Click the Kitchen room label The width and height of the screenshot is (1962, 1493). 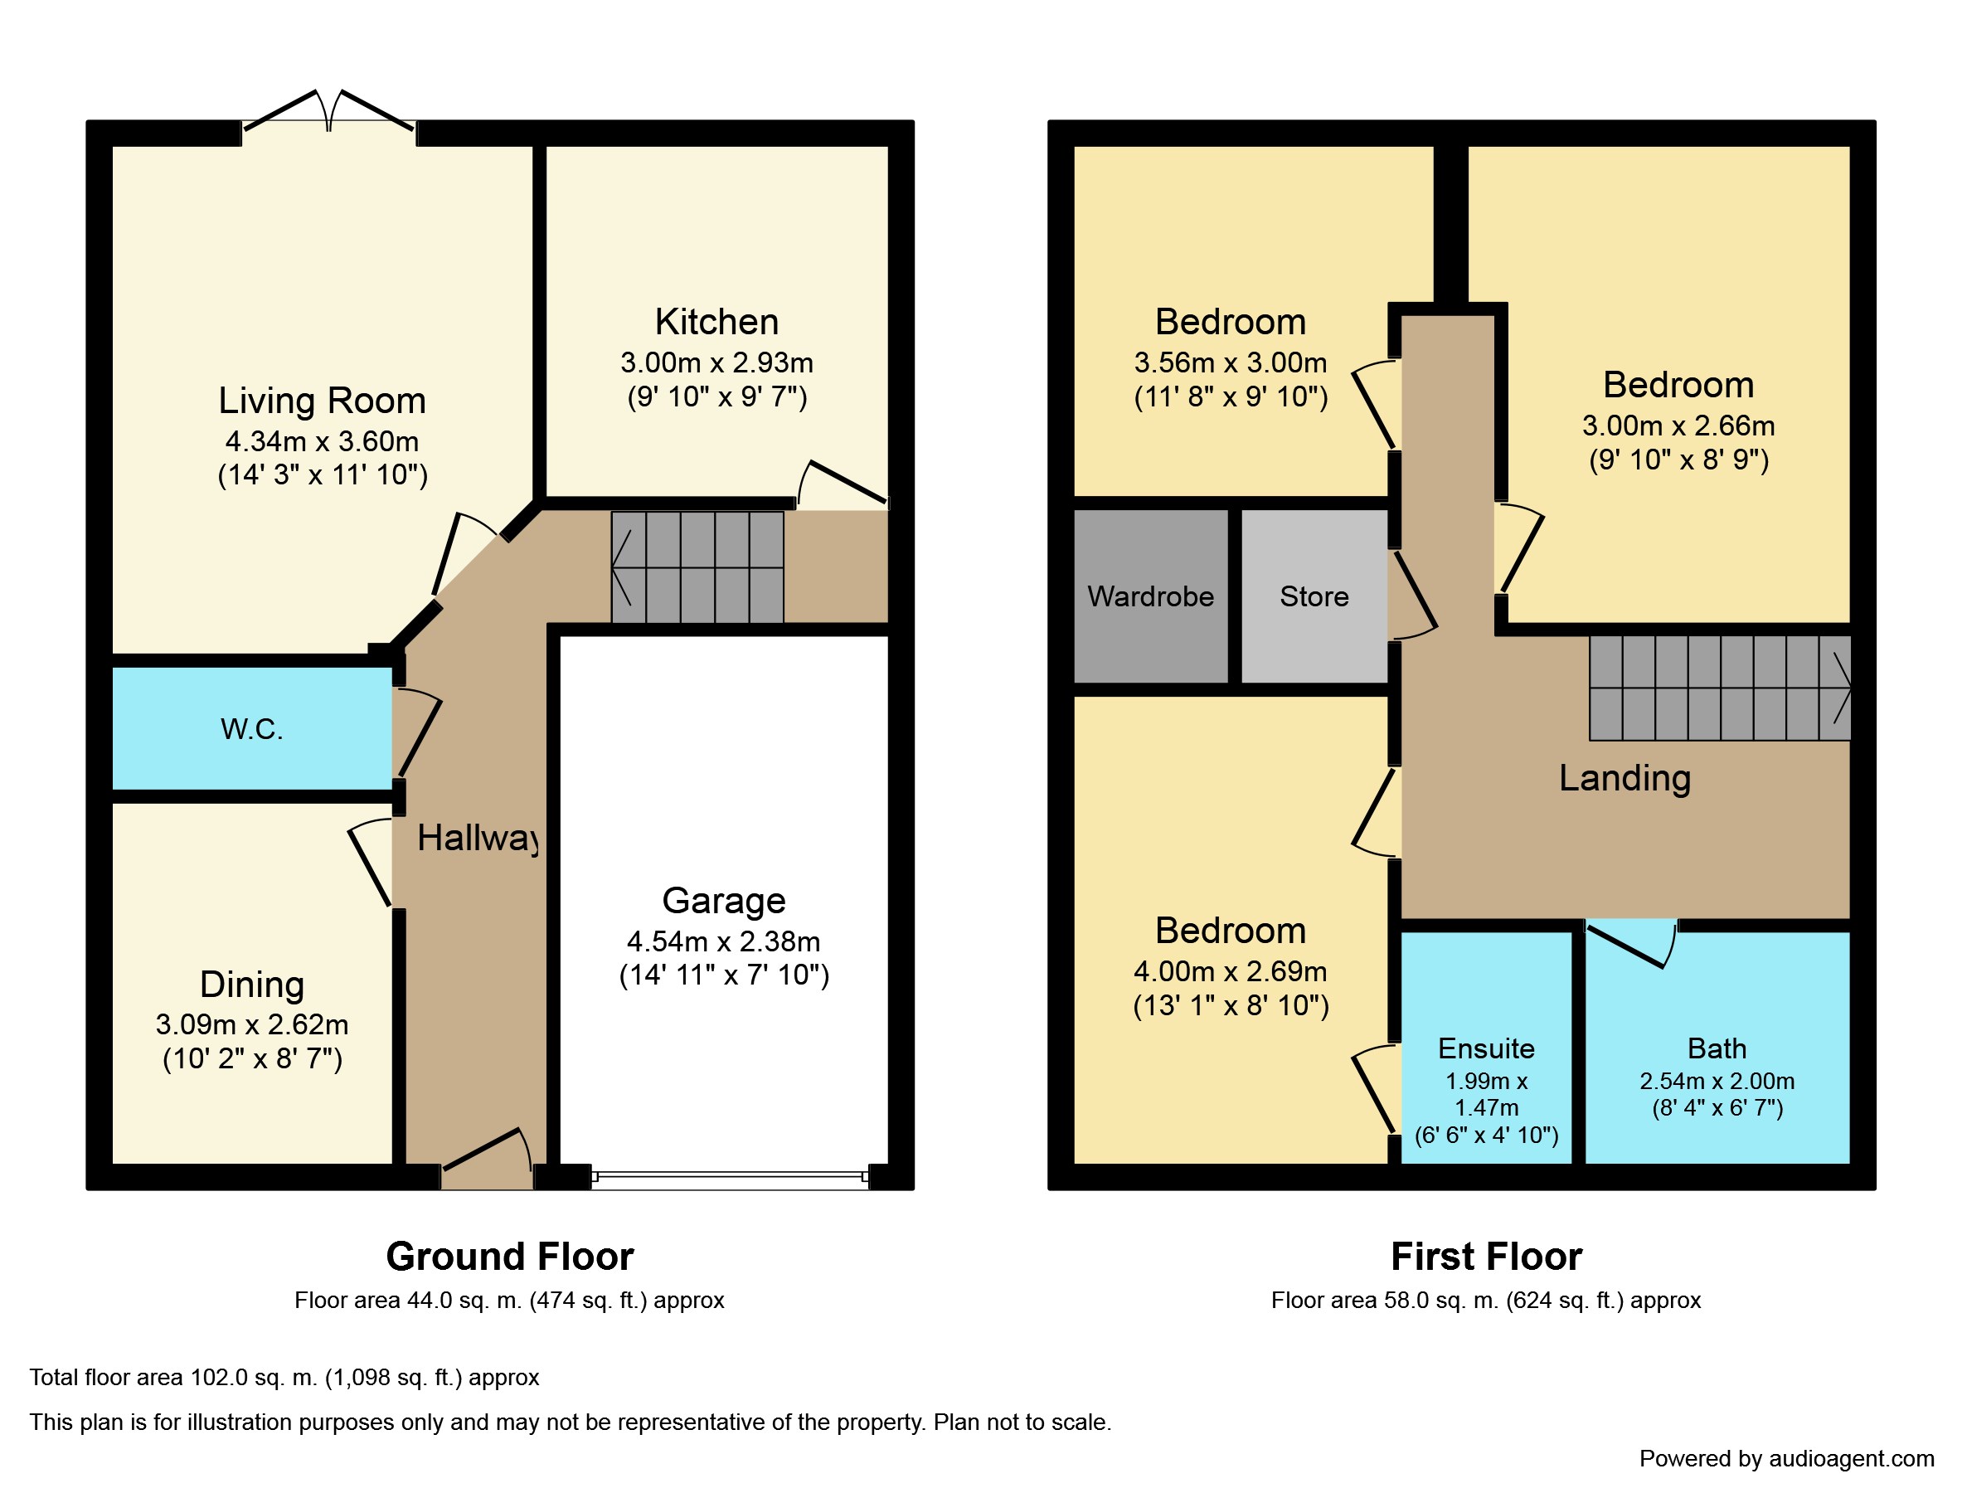pyautogui.click(x=716, y=322)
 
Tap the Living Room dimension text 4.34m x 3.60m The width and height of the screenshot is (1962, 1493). pyautogui.click(x=322, y=440)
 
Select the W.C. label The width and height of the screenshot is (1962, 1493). pyautogui.click(x=251, y=730)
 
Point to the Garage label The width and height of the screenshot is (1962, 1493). pyautogui.click(x=723, y=901)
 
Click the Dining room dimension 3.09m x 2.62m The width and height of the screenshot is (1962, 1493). pyautogui.click(x=251, y=1024)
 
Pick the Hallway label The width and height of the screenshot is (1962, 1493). pyautogui.click(x=478, y=838)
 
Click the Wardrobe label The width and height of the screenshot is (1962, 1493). pyautogui.click(x=1151, y=596)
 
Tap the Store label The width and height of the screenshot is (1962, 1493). pyautogui.click(x=1314, y=596)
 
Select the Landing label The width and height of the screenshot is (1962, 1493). pyautogui.click(x=1624, y=779)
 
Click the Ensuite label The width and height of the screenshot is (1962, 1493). pyautogui.click(x=1486, y=1048)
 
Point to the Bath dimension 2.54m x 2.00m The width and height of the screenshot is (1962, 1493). pyautogui.click(x=1717, y=1082)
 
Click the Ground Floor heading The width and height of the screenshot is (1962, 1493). pyautogui.click(x=510, y=1257)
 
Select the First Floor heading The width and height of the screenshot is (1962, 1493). pyautogui.click(x=1486, y=1257)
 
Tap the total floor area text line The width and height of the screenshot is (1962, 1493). pyautogui.click(x=284, y=1378)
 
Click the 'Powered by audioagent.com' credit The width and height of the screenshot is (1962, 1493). pyautogui.click(x=1786, y=1459)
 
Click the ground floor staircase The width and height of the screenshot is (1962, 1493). pyautogui.click(x=697, y=567)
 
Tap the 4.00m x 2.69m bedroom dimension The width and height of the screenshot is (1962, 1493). pyautogui.click(x=1230, y=971)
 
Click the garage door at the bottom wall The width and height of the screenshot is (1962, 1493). pyautogui.click(x=730, y=1177)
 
